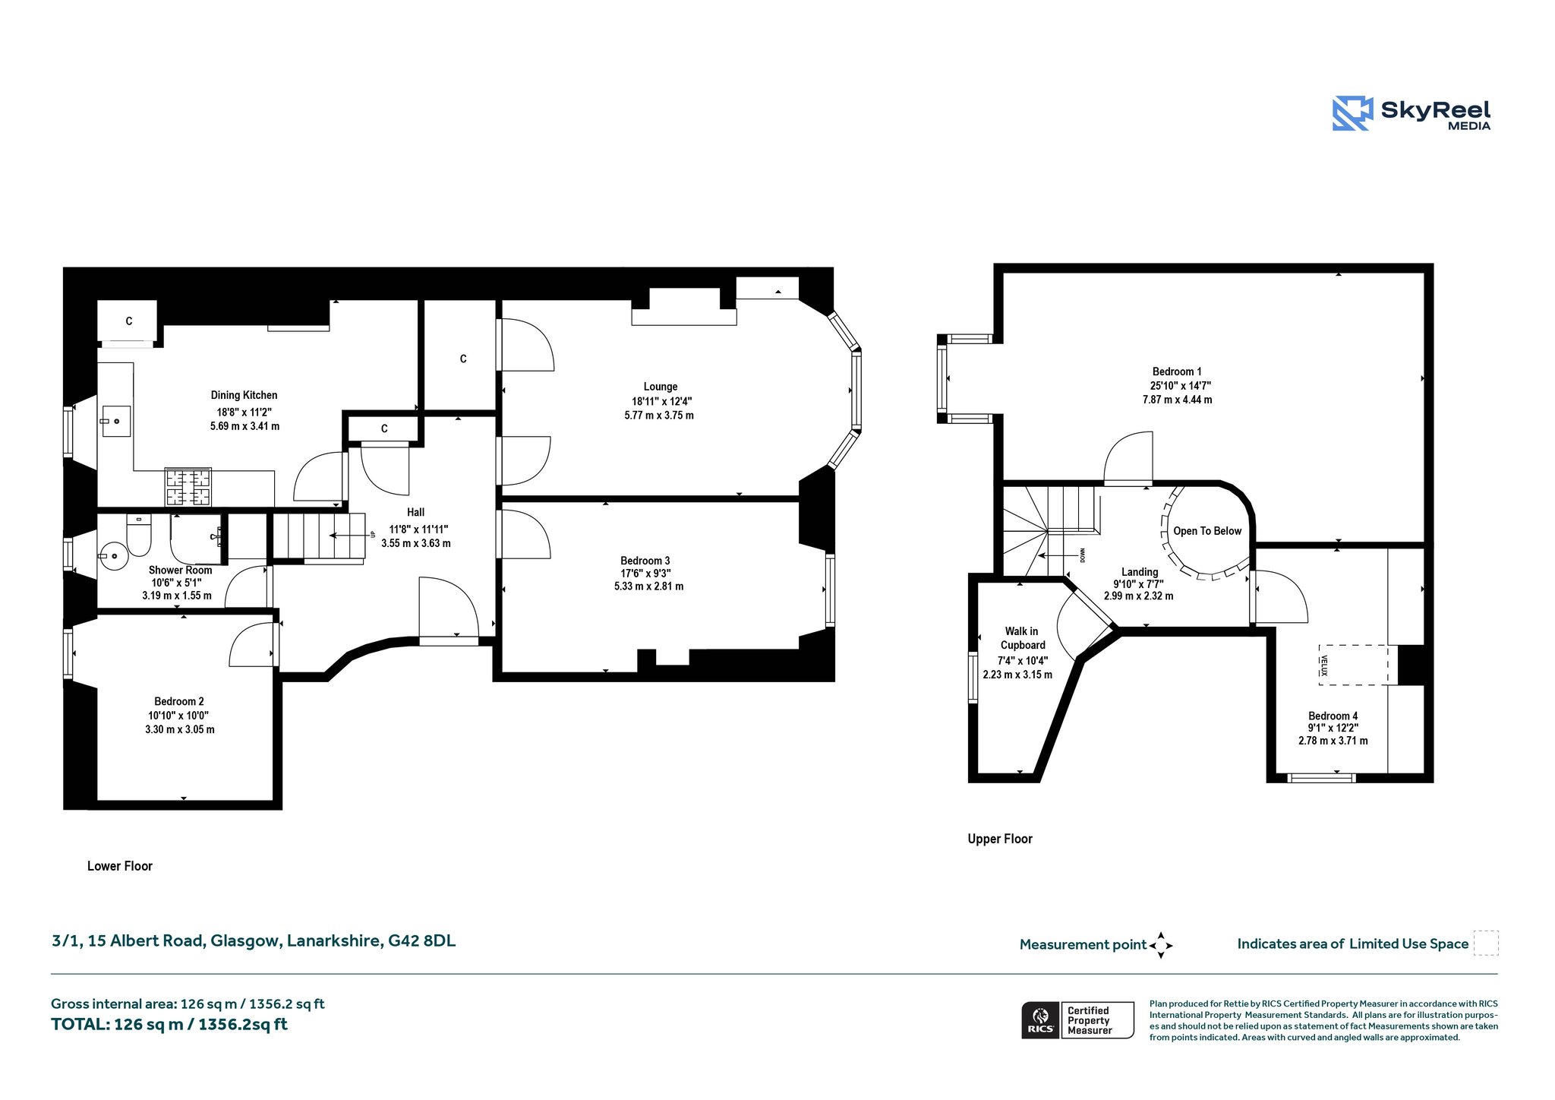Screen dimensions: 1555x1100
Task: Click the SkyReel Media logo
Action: [x=1411, y=113]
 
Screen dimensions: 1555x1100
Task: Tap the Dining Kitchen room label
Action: [x=244, y=395]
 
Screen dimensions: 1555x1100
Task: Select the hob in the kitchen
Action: [x=188, y=487]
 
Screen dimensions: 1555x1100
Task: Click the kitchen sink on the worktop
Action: [x=115, y=421]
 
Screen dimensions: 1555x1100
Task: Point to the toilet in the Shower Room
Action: [x=139, y=535]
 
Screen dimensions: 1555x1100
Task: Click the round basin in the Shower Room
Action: [x=112, y=555]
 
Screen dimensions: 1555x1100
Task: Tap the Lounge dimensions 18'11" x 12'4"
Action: [x=662, y=401]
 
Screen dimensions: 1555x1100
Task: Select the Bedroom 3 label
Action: [x=645, y=561]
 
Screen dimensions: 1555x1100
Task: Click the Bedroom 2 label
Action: [x=179, y=701]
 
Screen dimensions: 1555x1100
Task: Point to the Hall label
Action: [x=415, y=512]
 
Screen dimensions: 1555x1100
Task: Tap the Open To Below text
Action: [x=1207, y=531]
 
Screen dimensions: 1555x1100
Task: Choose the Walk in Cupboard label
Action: [x=1022, y=638]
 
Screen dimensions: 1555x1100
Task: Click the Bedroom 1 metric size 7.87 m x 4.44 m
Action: [x=1177, y=400]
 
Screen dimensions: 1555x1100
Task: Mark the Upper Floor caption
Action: [x=1000, y=839]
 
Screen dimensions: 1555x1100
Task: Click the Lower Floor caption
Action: [x=120, y=866]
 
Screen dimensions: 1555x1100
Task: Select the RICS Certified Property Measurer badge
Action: [x=1077, y=1020]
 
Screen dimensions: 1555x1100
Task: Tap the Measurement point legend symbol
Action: [x=1161, y=945]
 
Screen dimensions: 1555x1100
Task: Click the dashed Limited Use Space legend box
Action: [x=1486, y=943]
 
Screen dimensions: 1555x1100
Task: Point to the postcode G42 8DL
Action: [x=421, y=940]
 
